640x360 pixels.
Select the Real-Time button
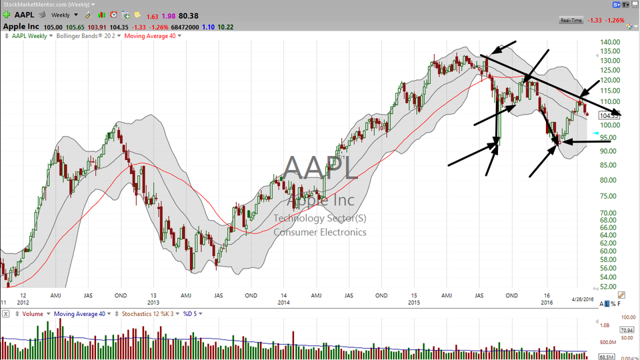coord(571,20)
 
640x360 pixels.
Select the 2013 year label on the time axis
coord(153,295)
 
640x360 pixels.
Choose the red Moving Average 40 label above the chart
coord(152,36)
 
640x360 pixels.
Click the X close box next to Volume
coord(5,313)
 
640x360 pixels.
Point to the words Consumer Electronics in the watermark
coord(320,232)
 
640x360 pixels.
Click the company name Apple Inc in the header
coord(25,27)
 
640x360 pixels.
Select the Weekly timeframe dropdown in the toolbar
coord(66,14)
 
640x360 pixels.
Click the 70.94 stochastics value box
coord(607,329)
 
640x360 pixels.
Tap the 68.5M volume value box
coord(607,357)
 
